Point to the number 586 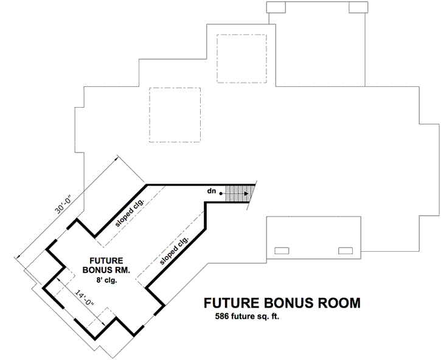(223, 317)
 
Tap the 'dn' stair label (212, 191)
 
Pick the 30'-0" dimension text (63, 207)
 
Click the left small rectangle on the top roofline (277, 7)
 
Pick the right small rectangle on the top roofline (357, 7)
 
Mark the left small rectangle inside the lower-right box (282, 250)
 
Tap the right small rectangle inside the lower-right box (346, 250)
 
